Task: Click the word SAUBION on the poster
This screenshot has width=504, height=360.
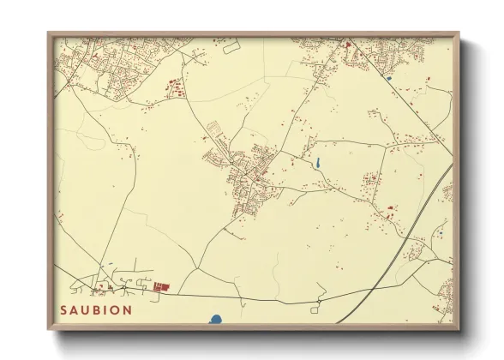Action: click(x=96, y=309)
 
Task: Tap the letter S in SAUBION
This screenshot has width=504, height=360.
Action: click(x=63, y=309)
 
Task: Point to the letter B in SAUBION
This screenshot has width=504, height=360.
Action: click(x=97, y=309)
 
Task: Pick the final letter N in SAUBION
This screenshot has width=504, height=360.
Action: click(x=128, y=309)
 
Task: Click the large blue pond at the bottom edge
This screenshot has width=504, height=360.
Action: click(x=215, y=320)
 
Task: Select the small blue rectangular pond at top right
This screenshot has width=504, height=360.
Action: click(x=388, y=79)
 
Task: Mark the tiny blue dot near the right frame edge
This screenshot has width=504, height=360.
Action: click(x=441, y=230)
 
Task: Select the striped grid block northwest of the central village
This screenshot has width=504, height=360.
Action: click(x=215, y=129)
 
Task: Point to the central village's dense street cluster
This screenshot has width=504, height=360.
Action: click(x=250, y=176)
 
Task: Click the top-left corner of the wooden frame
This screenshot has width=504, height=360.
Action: click(x=49, y=33)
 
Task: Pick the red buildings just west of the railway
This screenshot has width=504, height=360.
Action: click(x=390, y=208)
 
